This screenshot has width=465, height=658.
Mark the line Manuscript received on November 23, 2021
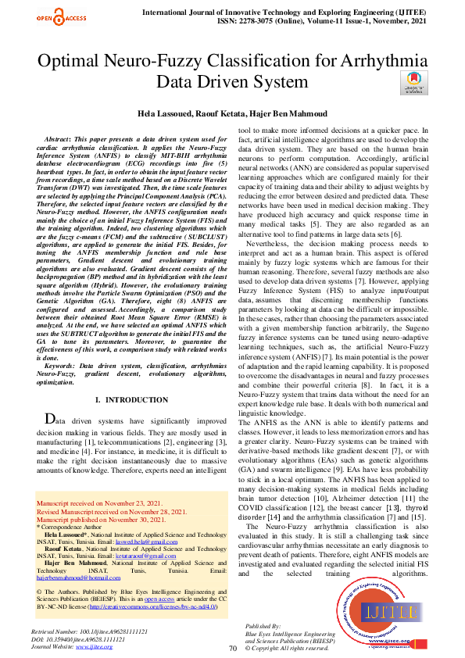coord(99,503)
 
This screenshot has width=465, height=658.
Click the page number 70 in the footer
coord(232,648)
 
